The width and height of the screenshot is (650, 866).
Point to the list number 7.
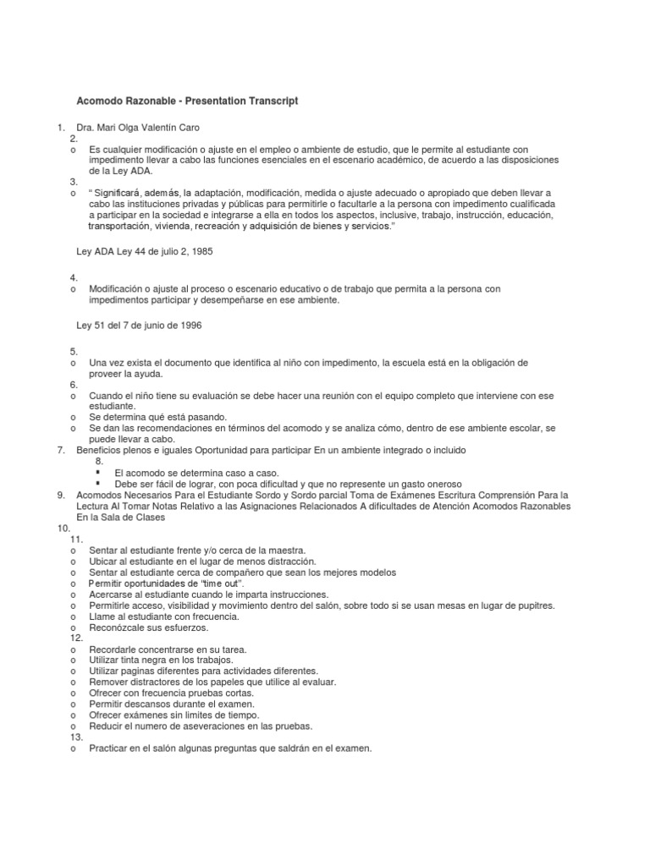(60, 450)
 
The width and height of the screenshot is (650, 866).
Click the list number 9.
(60, 494)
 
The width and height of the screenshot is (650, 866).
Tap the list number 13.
(76, 737)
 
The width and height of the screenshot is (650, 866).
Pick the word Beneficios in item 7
(99, 450)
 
